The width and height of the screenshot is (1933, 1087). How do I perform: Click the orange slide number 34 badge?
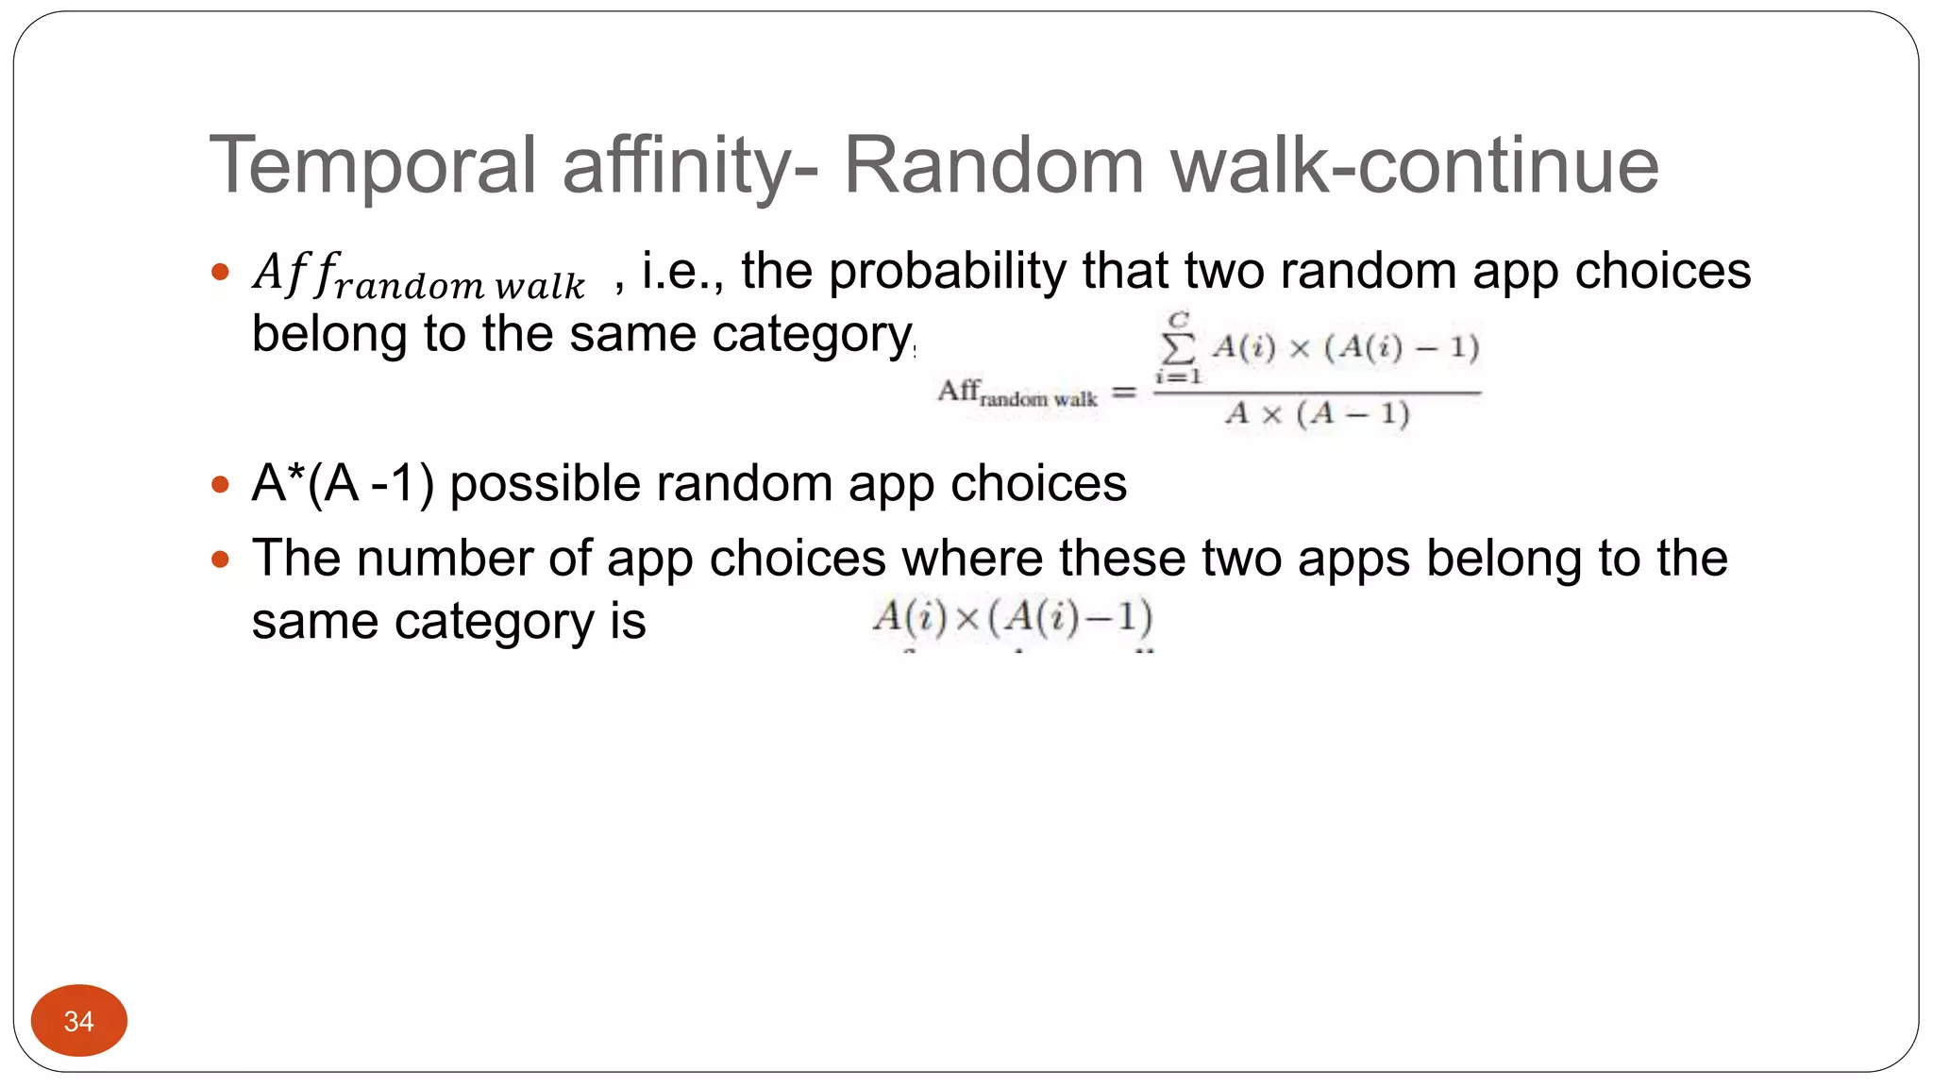(79, 1020)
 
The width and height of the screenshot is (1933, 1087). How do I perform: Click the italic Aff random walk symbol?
(419, 276)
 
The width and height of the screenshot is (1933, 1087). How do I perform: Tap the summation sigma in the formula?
(1178, 348)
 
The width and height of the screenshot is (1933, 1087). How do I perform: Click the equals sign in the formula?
(1123, 392)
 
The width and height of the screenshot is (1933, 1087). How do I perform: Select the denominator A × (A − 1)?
(1317, 413)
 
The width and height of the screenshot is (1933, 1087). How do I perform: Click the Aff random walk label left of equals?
(1017, 393)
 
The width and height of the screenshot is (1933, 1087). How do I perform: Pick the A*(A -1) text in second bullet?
(343, 484)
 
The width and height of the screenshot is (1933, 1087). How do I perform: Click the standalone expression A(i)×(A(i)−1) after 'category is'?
(1012, 618)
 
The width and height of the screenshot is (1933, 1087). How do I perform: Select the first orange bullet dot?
(221, 273)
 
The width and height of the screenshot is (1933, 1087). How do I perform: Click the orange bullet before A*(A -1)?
(221, 485)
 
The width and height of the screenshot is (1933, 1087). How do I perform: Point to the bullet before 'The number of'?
(221, 559)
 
